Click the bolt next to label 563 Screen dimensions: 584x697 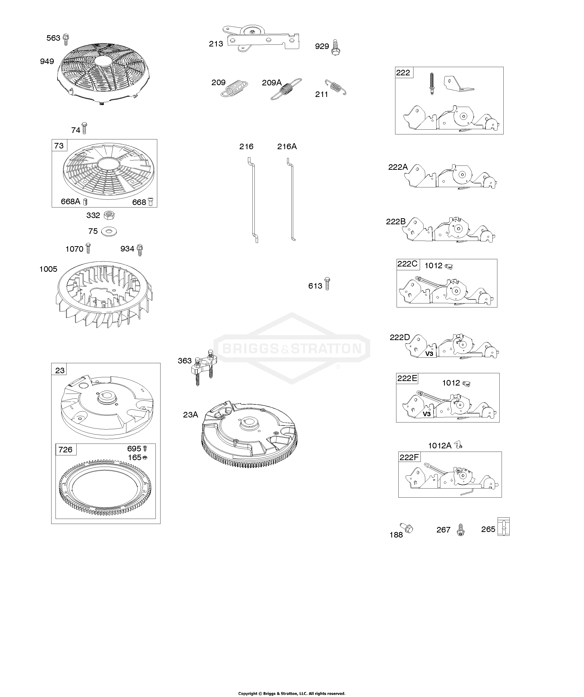click(x=66, y=39)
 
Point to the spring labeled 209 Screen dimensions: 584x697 click(x=234, y=89)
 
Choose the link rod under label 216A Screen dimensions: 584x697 click(x=291, y=199)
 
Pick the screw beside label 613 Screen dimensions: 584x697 click(x=327, y=284)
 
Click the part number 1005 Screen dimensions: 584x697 click(x=48, y=269)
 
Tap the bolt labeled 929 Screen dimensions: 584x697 click(x=336, y=47)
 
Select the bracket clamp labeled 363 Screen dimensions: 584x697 click(x=203, y=366)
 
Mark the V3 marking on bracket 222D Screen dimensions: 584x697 click(x=429, y=354)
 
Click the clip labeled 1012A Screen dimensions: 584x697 click(x=458, y=445)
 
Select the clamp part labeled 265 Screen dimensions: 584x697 click(x=504, y=527)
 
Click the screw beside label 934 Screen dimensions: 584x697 click(x=140, y=250)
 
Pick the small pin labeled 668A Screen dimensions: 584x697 click(x=85, y=201)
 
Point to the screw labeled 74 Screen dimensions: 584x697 click(x=84, y=128)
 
